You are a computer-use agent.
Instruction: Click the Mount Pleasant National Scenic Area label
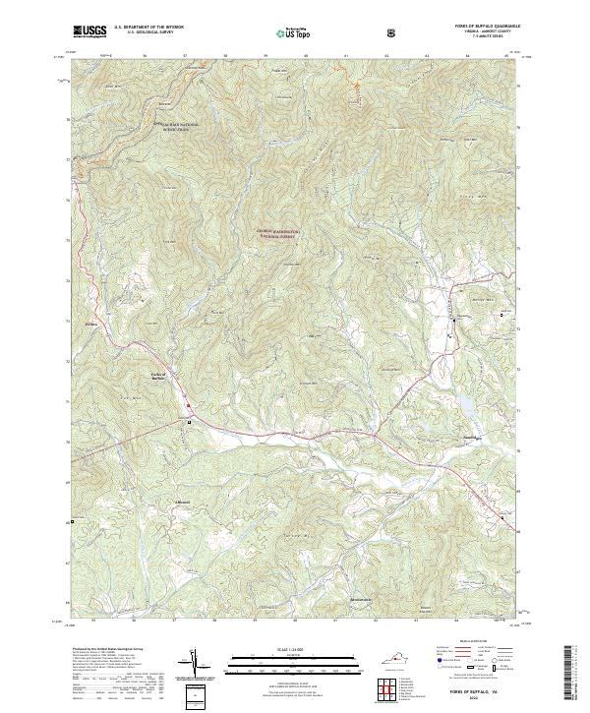pos(179,126)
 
